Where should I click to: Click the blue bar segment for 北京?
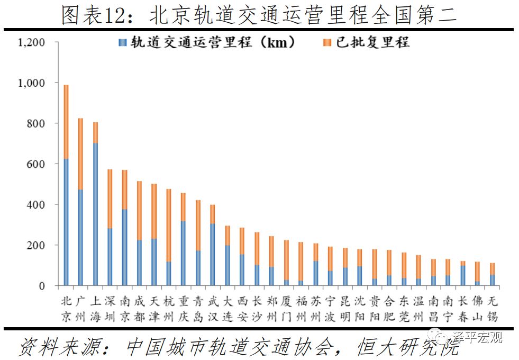click(66, 222)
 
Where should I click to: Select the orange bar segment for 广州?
click(81, 154)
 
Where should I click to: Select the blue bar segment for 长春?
click(463, 275)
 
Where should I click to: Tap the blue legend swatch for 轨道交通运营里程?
click(123, 43)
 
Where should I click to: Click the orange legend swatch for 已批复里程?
click(327, 43)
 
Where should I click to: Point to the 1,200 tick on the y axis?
click(32, 42)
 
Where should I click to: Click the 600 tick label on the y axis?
click(37, 164)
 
